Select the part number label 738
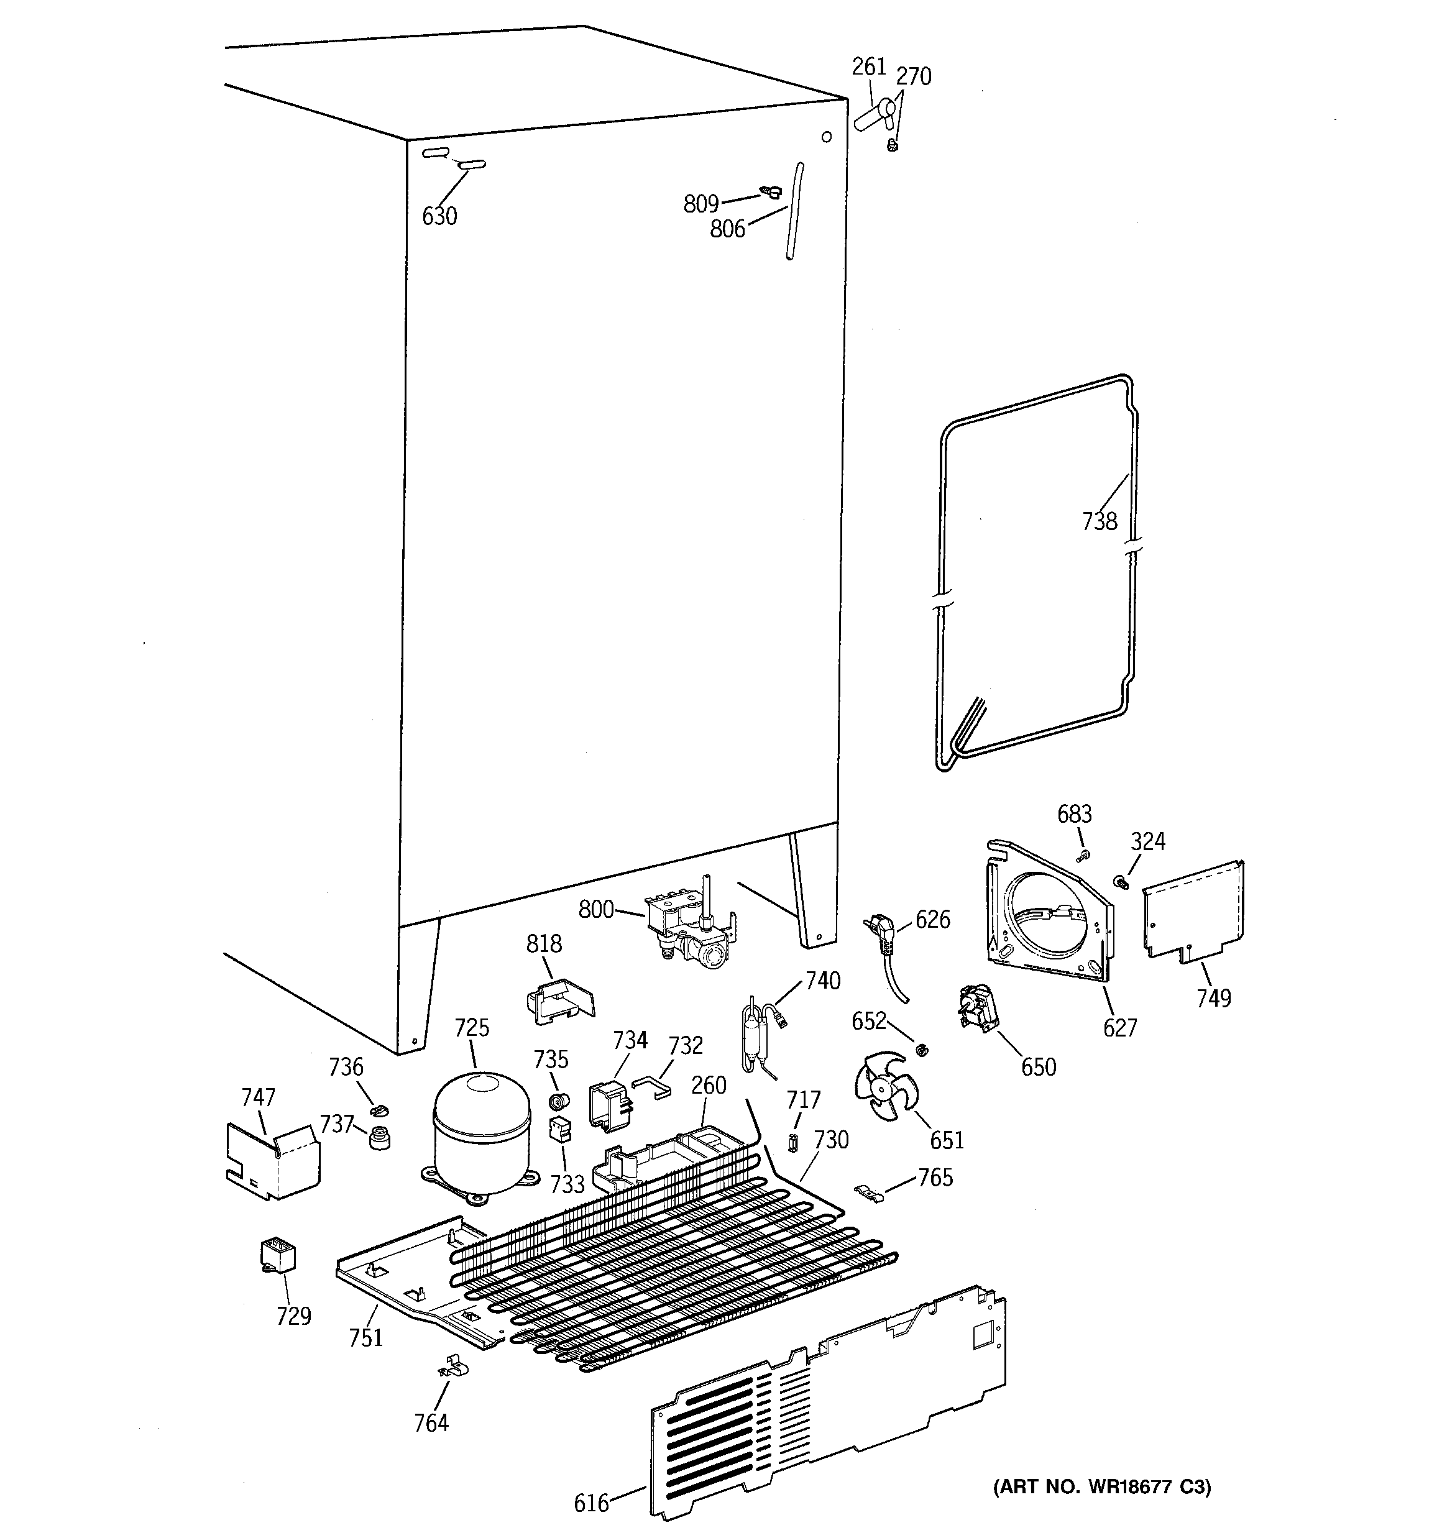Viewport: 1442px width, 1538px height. click(x=1099, y=521)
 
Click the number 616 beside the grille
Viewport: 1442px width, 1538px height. click(x=591, y=1503)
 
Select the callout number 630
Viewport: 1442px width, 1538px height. click(x=439, y=216)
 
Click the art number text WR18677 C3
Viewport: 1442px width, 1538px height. click(x=1102, y=1486)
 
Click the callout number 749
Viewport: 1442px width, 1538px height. click(x=1213, y=998)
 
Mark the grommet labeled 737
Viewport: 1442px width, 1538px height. click(x=379, y=1139)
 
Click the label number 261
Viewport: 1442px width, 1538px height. click(x=868, y=67)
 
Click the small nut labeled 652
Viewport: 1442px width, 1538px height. click(x=921, y=1050)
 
